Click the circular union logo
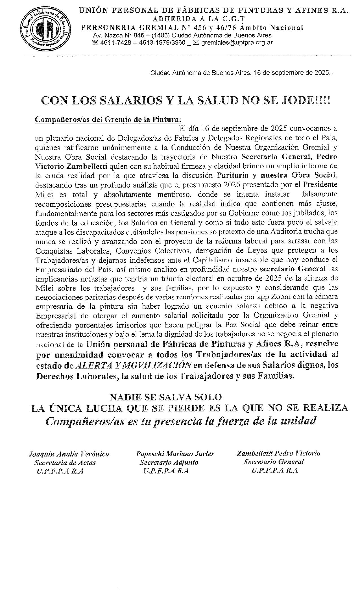pos(45,29)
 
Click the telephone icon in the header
pos(95,43)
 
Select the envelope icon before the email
pos(196,43)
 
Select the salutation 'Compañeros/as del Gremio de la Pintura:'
pos(108,119)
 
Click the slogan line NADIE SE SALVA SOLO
pos(165,397)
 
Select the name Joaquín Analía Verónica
pos(69,454)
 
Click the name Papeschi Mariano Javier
pos(175,454)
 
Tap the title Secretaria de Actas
pos(65,463)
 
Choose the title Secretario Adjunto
pos(169,462)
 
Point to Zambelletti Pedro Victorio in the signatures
pos(278,453)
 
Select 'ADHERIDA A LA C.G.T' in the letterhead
pos(198,19)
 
